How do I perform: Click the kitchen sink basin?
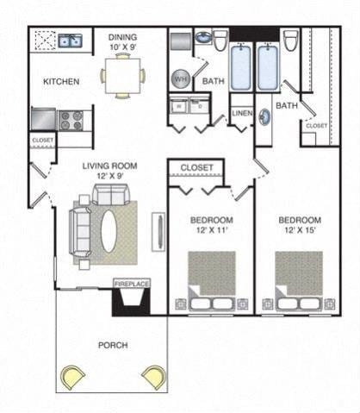(x=68, y=40)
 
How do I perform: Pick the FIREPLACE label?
(x=132, y=283)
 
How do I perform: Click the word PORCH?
(x=113, y=345)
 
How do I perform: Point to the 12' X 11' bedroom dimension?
(x=210, y=232)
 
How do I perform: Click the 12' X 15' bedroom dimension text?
(x=300, y=232)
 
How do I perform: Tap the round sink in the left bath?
(x=204, y=38)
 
